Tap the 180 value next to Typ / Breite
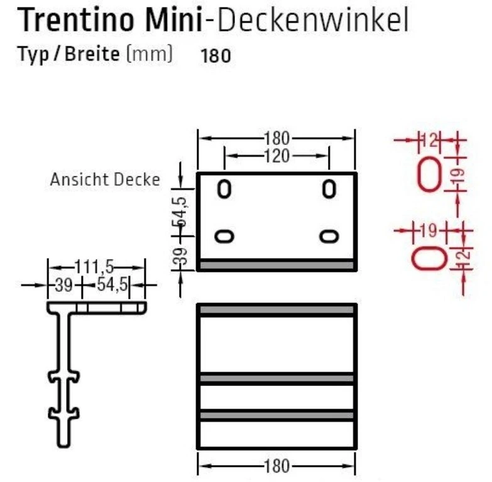pyautogui.click(x=216, y=56)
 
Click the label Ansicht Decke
pyautogui.click(x=105, y=179)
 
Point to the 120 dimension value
pyautogui.click(x=276, y=156)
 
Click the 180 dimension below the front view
pyautogui.click(x=276, y=466)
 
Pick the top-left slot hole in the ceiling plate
pyautogui.click(x=224, y=189)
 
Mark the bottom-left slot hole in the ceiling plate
pyautogui.click(x=224, y=237)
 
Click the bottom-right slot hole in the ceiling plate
pyautogui.click(x=329, y=237)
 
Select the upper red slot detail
pyautogui.click(x=429, y=173)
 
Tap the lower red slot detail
pyautogui.click(x=429, y=257)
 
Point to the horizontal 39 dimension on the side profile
pyautogui.click(x=62, y=285)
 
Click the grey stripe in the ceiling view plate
pyautogui.click(x=276, y=265)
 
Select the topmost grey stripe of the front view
pyautogui.click(x=276, y=309)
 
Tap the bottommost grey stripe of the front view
pyautogui.click(x=276, y=415)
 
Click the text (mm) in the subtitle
pyautogui.click(x=150, y=54)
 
